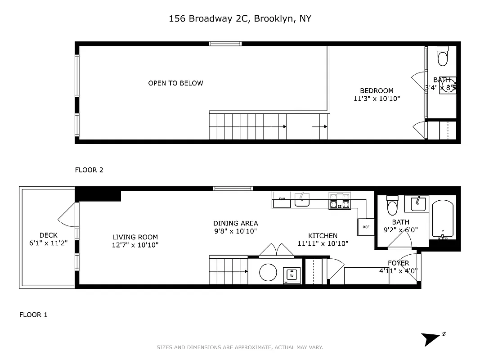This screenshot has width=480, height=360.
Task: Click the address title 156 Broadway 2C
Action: pos(240,18)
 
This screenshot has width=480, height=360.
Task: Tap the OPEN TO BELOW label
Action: pos(175,83)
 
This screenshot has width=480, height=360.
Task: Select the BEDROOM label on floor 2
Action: pos(377,90)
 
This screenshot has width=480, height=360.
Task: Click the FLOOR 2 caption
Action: pos(89,170)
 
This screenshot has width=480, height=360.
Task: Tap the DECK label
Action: pos(48,235)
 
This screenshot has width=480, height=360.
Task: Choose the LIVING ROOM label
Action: pos(135,237)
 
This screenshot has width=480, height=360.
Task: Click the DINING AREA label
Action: pos(235,223)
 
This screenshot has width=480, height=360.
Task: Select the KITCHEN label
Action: pos(323,236)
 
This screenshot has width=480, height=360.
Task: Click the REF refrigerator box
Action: pos(366,227)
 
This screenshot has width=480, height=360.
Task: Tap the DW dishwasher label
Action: pos(282,199)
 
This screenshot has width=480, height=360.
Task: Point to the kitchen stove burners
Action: pos(340,201)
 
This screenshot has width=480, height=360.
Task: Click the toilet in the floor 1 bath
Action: pos(392,206)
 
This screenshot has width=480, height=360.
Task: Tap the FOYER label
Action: pos(398,263)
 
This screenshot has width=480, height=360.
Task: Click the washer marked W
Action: pos(292,275)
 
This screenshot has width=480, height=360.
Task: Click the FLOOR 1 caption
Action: pos(33,315)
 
